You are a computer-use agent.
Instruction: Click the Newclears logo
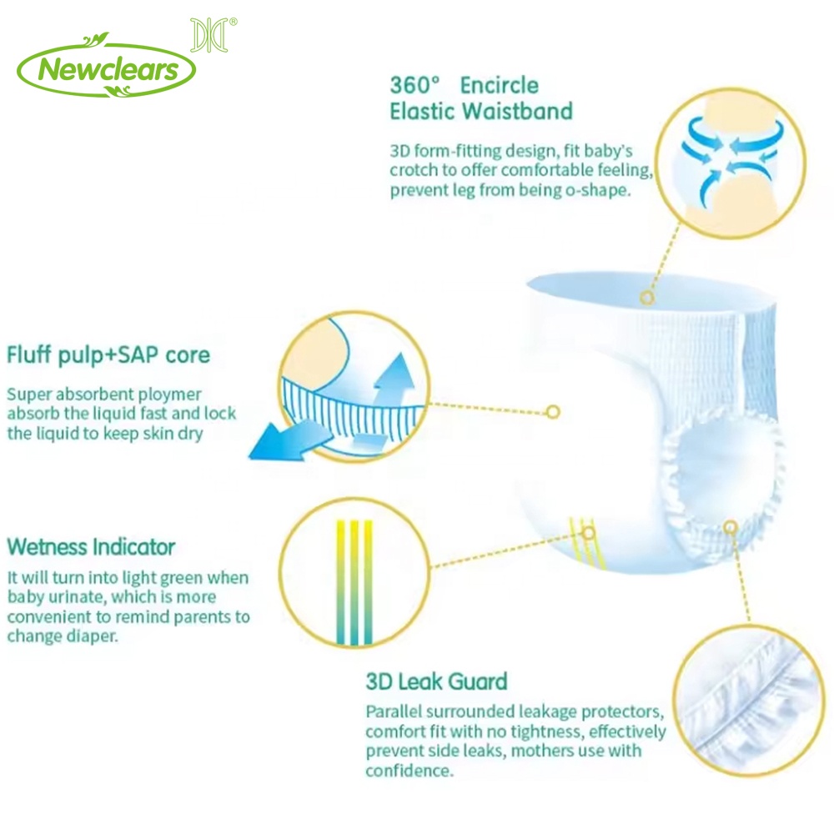pyautogui.click(x=107, y=68)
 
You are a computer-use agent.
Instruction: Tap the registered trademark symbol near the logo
pyautogui.click(x=233, y=22)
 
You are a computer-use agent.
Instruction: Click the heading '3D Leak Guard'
pyautogui.click(x=437, y=681)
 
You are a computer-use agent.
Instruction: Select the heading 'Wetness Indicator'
pyautogui.click(x=91, y=547)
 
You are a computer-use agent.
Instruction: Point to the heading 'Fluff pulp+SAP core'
pyautogui.click(x=108, y=355)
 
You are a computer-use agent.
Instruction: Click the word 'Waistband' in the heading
pyautogui.click(x=518, y=111)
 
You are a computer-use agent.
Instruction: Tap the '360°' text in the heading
pyautogui.click(x=414, y=85)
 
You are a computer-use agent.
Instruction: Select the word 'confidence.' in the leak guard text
pyautogui.click(x=409, y=770)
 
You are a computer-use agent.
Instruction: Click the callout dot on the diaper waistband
pyautogui.click(x=647, y=298)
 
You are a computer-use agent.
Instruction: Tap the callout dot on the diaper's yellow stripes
pyautogui.click(x=589, y=532)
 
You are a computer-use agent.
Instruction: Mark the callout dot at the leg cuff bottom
pyautogui.click(x=731, y=527)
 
